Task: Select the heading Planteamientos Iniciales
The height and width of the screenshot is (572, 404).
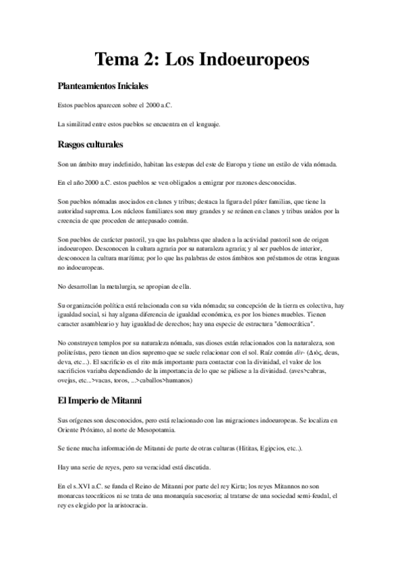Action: [103, 87]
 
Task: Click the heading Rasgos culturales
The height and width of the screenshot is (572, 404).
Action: [90, 144]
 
